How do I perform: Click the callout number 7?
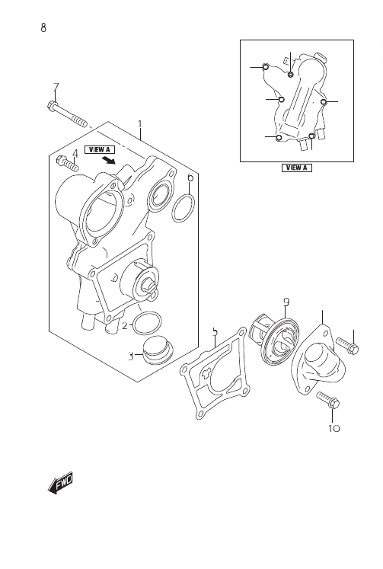coord(56,88)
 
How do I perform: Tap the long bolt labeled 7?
coord(67,114)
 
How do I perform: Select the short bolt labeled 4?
coord(68,164)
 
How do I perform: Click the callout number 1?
coord(140,125)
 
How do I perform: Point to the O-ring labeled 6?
coord(184,208)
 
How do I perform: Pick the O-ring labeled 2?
coord(147,323)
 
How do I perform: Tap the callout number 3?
coord(131,356)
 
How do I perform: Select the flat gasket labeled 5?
coord(215,373)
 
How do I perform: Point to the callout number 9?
coord(286,302)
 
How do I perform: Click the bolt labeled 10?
coord(328,400)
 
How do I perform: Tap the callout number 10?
coord(334,428)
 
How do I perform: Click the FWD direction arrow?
coord(61,483)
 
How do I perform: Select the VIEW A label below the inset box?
coord(297,168)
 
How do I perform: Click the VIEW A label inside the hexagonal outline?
coord(100,149)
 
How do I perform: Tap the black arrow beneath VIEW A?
coord(109,160)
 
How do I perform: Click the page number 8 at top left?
coord(43,27)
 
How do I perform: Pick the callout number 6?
coord(190,177)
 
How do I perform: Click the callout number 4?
coord(75,154)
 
